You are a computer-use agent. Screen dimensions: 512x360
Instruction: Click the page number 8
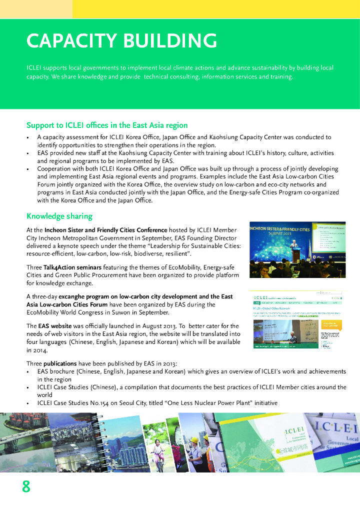[x=26, y=486]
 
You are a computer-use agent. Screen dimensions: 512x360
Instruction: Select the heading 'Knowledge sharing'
[x=59, y=216]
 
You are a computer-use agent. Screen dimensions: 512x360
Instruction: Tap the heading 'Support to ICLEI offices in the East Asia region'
[x=107, y=125]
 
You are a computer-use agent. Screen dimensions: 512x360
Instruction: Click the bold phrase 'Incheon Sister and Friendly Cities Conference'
[x=102, y=230]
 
